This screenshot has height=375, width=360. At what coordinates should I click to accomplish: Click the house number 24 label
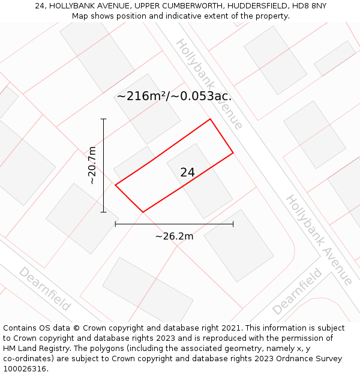[187, 172]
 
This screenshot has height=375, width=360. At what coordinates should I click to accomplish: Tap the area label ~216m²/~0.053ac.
[174, 96]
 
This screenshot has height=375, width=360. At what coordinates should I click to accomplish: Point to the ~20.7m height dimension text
[92, 165]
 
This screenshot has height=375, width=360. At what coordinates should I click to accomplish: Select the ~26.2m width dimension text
[174, 236]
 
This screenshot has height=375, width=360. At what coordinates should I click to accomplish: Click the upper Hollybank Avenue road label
[209, 84]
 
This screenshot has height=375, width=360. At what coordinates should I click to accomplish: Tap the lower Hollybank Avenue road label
[318, 239]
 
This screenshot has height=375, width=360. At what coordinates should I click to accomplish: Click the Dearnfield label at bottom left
[44, 289]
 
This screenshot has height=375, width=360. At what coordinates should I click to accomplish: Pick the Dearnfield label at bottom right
[297, 292]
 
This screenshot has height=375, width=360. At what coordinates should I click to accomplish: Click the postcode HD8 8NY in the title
[307, 6]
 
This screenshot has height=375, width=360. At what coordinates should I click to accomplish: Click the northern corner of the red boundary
[210, 119]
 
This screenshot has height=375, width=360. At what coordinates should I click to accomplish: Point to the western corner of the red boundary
[115, 185]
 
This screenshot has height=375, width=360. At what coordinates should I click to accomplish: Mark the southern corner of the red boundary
[143, 212]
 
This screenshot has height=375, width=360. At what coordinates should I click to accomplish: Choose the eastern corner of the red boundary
[233, 153]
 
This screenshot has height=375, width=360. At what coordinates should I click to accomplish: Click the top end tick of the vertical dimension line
[104, 119]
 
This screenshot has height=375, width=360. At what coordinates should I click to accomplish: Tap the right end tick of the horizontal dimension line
[233, 224]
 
